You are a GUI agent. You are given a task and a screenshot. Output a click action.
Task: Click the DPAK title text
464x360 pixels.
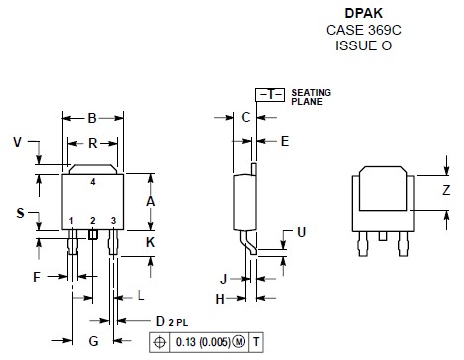pos(364,13)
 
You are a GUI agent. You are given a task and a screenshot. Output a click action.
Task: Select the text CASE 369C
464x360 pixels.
pos(364,30)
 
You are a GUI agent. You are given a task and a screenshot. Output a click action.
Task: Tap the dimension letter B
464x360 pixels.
pos(92,118)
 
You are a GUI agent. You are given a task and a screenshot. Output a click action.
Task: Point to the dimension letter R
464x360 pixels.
pos(93,143)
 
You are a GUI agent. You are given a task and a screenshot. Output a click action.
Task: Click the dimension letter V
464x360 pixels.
pos(17,142)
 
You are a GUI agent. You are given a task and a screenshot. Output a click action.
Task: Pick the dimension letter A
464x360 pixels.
pos(150,201)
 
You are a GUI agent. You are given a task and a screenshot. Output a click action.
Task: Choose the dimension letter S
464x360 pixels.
pos(20,213)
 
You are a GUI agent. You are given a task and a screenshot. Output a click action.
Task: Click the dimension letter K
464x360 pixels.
pos(150,242)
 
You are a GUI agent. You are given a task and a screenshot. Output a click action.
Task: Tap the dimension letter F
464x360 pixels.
pos(37,277)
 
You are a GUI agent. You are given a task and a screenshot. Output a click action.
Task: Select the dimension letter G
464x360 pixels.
pos(94,341)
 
